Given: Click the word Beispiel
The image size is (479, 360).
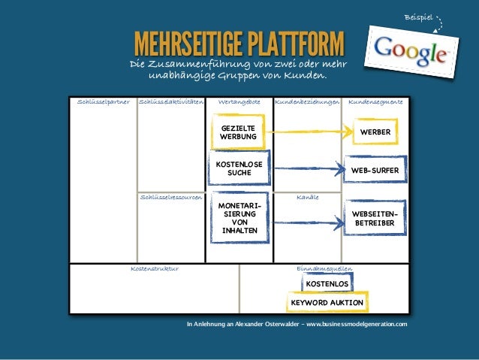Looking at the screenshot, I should coord(418,16).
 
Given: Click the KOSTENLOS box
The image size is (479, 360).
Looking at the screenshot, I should coord(326,284).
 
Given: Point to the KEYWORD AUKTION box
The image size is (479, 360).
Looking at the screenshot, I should coord(327,303).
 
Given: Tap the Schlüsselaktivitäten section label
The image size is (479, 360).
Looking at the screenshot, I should coord(171,100).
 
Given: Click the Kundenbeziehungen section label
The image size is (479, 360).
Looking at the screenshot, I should coord(307,100).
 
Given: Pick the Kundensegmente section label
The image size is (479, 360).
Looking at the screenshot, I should coord(375,100).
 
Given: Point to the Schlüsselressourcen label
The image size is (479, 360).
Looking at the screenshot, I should coord(171,196).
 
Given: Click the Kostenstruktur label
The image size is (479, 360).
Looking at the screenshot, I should coord(155,268).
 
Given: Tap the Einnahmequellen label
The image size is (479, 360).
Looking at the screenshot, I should coord(324,268).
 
